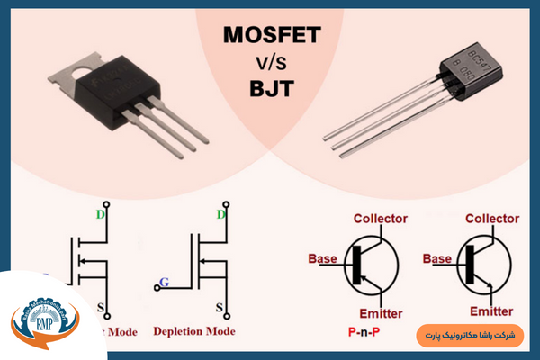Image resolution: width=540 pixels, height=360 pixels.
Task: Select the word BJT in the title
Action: point(270,89)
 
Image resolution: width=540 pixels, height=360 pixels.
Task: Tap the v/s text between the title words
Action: point(270,64)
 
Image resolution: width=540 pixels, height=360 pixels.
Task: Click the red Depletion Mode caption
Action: point(193,331)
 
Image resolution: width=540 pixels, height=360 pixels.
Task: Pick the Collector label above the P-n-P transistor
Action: point(380,219)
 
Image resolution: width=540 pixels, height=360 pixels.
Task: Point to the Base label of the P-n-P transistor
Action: point(322,258)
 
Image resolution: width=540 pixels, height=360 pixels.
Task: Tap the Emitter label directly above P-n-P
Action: point(380,312)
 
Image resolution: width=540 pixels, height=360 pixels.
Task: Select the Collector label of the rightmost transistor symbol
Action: point(492,219)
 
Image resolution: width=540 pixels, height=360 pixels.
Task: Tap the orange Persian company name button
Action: point(470,335)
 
